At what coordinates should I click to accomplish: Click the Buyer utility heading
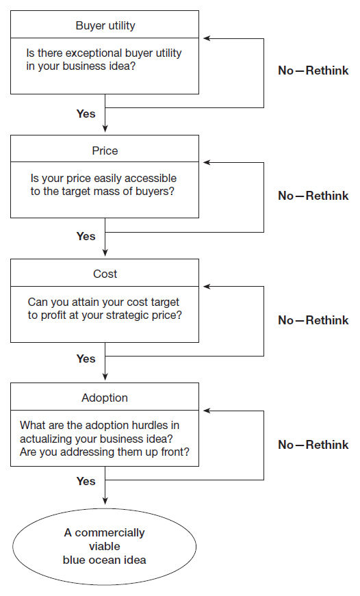click(x=105, y=25)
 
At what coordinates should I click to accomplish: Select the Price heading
click(x=105, y=151)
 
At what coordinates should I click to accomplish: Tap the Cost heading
click(x=105, y=274)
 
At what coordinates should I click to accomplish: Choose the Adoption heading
click(x=105, y=398)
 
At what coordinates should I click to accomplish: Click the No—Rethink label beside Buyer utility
click(x=313, y=70)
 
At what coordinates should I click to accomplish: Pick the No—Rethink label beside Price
click(x=313, y=196)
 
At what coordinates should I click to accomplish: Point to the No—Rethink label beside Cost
click(x=313, y=320)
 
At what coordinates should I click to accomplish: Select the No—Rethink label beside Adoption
click(x=313, y=444)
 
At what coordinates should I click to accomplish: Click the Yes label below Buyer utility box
click(x=86, y=114)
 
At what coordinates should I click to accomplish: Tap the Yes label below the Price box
click(x=86, y=236)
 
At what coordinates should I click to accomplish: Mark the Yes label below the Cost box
click(x=86, y=359)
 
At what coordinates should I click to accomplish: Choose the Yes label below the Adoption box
click(x=86, y=481)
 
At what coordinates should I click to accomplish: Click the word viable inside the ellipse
click(x=105, y=546)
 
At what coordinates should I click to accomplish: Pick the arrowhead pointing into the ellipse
click(x=105, y=502)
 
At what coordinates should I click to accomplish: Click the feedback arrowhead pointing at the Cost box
click(x=207, y=286)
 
